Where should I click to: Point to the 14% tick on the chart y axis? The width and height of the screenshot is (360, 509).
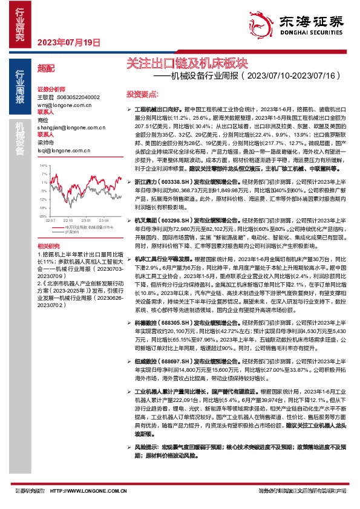coord(42,164)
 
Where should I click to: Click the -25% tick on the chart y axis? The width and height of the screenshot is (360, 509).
coord(42,215)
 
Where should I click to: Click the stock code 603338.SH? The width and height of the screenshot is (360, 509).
coord(178,181)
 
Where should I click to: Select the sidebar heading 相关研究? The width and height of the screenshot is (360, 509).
coord(48,246)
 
